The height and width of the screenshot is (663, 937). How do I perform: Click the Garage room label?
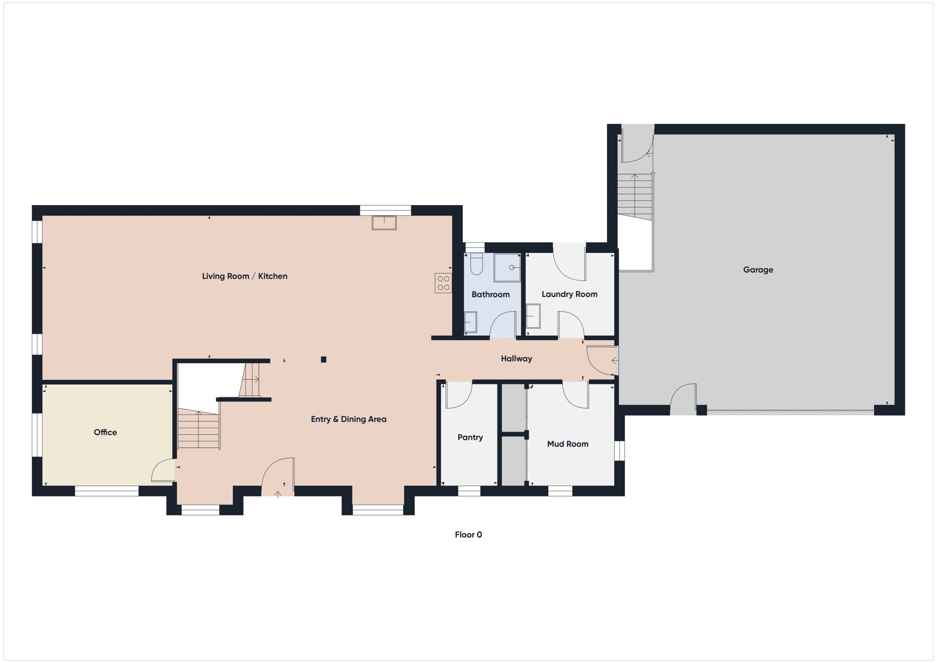758,270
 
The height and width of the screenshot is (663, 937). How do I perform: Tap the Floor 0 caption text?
468,535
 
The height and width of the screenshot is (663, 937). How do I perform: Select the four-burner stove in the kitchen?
443,283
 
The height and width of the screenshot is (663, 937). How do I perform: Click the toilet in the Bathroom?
476,264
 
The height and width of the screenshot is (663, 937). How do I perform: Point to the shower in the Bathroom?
507,267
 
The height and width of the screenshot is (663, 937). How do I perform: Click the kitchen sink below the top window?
384,223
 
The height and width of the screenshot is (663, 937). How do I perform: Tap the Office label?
105,432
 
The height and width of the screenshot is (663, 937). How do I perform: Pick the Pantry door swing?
458,395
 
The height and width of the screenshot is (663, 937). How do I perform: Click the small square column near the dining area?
323,359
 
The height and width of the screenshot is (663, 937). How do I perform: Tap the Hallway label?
516,359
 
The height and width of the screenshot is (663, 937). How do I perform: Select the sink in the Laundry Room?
533,316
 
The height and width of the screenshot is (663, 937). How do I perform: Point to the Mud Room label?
567,444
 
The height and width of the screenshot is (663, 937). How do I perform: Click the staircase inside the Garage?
635,196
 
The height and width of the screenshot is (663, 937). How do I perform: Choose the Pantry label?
470,437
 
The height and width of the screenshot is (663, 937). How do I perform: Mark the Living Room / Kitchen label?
244,276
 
